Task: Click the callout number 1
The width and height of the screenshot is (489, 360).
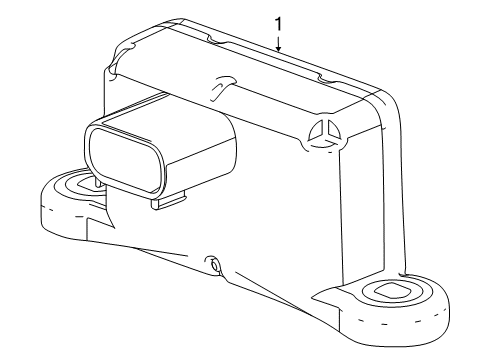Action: click(279, 19)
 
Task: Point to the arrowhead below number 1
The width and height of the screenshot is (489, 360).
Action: click(279, 47)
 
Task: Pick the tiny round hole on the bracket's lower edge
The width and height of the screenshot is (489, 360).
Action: click(212, 266)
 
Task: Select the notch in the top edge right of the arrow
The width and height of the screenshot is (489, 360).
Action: click(322, 76)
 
